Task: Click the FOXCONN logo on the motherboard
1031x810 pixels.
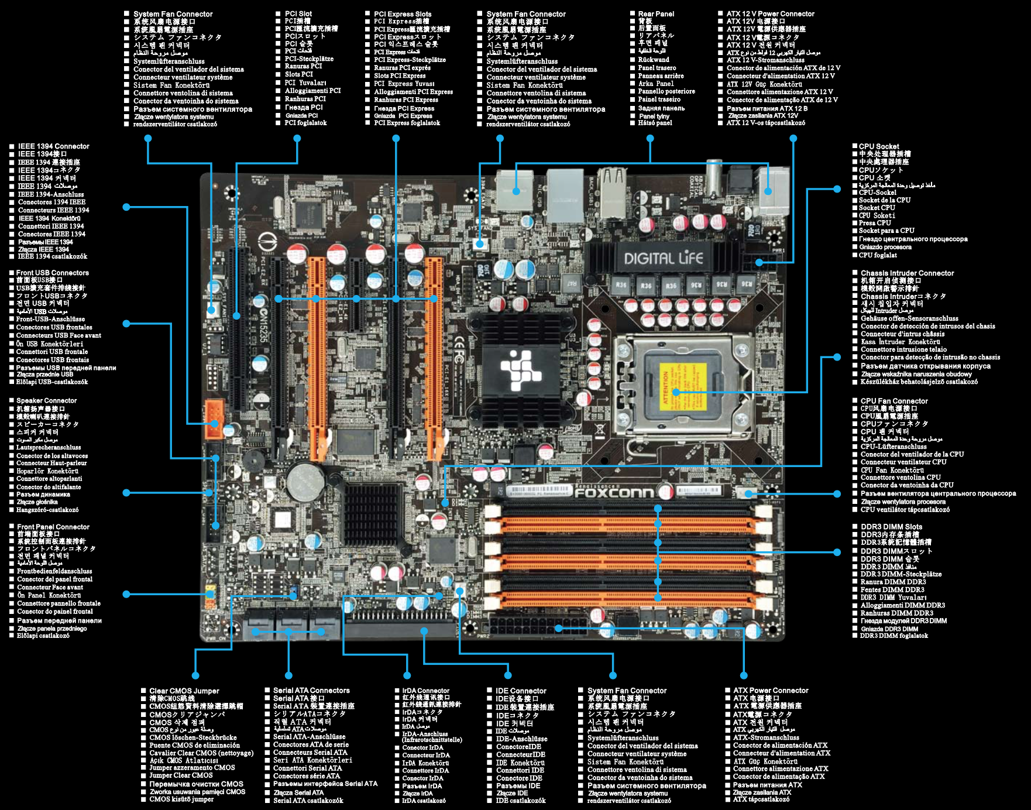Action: [x=613, y=492]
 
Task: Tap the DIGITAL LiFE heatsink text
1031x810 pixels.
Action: [x=663, y=258]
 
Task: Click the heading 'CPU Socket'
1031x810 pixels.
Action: [x=879, y=146]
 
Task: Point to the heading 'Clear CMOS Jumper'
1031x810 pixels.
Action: [x=184, y=691]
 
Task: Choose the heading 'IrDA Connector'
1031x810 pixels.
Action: [x=425, y=691]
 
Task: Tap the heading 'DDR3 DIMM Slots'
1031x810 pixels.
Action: [x=891, y=527]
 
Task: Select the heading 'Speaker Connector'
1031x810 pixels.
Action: [x=46, y=401]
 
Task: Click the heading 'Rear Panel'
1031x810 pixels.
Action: [x=656, y=14]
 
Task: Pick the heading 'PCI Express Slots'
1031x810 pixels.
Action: [x=403, y=14]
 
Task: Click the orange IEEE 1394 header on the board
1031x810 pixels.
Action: [x=214, y=419]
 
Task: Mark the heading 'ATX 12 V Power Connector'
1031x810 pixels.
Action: [x=770, y=14]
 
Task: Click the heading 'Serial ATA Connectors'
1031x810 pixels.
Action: [x=311, y=691]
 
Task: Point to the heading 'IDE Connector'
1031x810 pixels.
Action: [x=521, y=691]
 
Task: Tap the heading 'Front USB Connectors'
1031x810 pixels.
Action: [x=53, y=273]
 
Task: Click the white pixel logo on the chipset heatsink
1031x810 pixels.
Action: [x=521, y=369]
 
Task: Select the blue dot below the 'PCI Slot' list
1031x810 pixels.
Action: [x=297, y=139]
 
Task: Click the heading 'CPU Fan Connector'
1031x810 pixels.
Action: [x=894, y=401]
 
